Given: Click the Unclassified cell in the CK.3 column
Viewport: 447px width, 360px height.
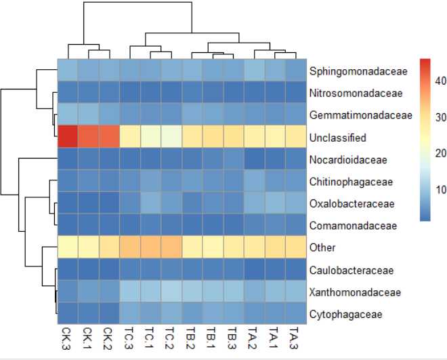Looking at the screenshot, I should [x=67, y=137].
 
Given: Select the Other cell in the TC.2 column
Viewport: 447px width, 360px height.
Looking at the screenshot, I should [x=171, y=248].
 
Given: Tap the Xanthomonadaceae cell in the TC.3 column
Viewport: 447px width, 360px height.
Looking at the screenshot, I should [x=129, y=292].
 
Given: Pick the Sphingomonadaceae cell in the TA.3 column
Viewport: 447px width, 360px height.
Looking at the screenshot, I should [x=295, y=71].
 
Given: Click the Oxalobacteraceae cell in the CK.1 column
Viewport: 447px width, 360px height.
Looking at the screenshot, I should [x=88, y=203].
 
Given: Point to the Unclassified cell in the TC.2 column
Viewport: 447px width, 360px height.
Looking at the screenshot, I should [x=171, y=137].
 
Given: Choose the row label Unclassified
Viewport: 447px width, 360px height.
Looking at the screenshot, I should [x=337, y=138].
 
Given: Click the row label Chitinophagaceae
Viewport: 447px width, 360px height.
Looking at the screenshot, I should [x=351, y=182].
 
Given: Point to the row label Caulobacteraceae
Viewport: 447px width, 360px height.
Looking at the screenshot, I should [x=351, y=271].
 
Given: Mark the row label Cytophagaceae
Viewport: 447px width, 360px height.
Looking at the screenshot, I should [x=346, y=315].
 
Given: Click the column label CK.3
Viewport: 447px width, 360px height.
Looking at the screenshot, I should [x=68, y=340].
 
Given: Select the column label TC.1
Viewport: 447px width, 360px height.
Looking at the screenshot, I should [x=150, y=340].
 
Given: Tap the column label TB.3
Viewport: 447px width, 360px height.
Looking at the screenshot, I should [x=233, y=340].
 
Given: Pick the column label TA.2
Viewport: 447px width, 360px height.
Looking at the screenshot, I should [x=254, y=340].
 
